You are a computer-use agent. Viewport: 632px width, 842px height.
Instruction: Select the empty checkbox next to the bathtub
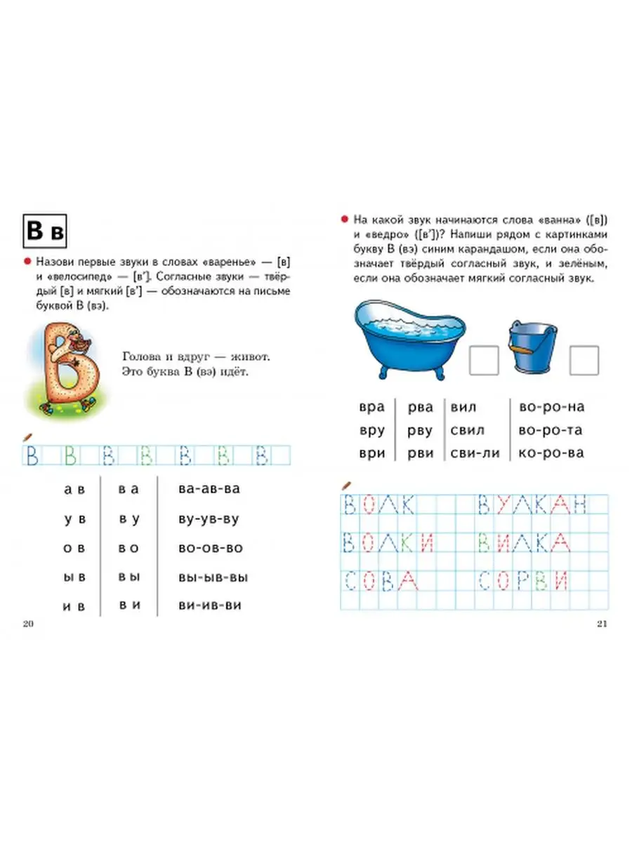[x=484, y=360]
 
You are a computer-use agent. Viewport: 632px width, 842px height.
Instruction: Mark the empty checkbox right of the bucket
[x=584, y=360]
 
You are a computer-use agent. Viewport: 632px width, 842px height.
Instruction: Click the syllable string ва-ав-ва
[x=199, y=489]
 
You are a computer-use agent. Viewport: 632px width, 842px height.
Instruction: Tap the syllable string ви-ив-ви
[x=200, y=604]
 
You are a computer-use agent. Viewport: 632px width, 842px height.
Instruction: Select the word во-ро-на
[x=551, y=407]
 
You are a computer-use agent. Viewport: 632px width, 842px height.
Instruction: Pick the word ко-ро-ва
[x=551, y=453]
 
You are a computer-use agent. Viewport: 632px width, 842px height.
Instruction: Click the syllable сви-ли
[x=475, y=453]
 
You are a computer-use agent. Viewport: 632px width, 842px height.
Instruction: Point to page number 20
[x=28, y=624]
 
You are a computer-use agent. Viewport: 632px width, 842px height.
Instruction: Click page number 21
[x=603, y=624]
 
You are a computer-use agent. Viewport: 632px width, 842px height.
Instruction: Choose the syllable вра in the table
[x=371, y=407]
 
